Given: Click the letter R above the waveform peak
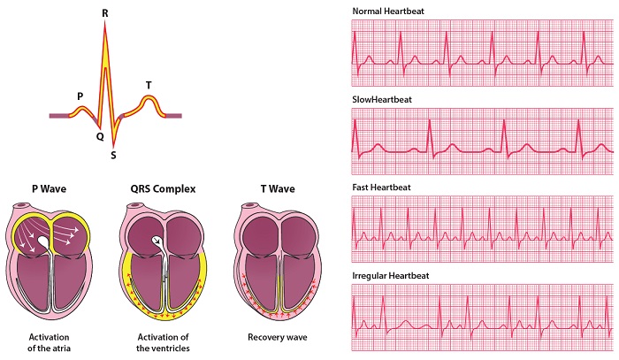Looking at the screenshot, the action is click(x=104, y=13).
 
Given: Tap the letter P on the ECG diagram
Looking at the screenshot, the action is click(x=80, y=96).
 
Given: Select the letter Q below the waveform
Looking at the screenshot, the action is click(x=100, y=137).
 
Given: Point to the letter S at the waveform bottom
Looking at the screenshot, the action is click(x=113, y=156).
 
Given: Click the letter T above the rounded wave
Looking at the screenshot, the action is click(x=149, y=85).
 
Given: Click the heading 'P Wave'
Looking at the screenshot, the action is click(x=49, y=189).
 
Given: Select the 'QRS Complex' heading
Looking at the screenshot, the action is click(x=163, y=189).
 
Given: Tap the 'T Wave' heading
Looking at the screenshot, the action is click(x=278, y=189).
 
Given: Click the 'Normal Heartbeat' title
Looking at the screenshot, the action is click(x=388, y=11).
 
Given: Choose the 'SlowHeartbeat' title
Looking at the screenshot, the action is click(x=382, y=99).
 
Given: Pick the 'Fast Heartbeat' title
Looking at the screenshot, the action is click(x=381, y=188).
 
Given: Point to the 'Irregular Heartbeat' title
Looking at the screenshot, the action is click(x=391, y=275).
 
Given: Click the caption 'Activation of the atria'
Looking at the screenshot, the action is click(x=49, y=342).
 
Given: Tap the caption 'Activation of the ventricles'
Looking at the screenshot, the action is click(x=163, y=342).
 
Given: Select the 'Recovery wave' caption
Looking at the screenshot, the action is click(x=278, y=338).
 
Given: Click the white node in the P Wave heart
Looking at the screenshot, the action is click(x=42, y=241).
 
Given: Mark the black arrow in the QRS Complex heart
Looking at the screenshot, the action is click(x=157, y=241).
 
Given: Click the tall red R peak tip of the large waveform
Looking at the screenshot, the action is click(x=105, y=21).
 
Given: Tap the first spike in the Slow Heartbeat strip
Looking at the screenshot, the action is click(x=355, y=121).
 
